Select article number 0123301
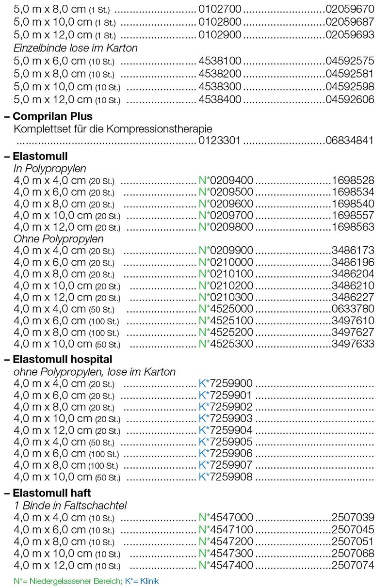point(221,141)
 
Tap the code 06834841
point(350,141)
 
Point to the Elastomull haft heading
point(52,493)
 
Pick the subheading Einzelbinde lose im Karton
point(76,48)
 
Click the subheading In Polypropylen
point(50,169)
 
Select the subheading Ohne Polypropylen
point(59,239)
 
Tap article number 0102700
point(221,9)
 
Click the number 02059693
point(350,34)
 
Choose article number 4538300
point(221,87)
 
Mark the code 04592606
point(350,100)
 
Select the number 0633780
point(353,309)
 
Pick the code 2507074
point(353,565)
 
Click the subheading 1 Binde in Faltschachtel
point(70,506)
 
